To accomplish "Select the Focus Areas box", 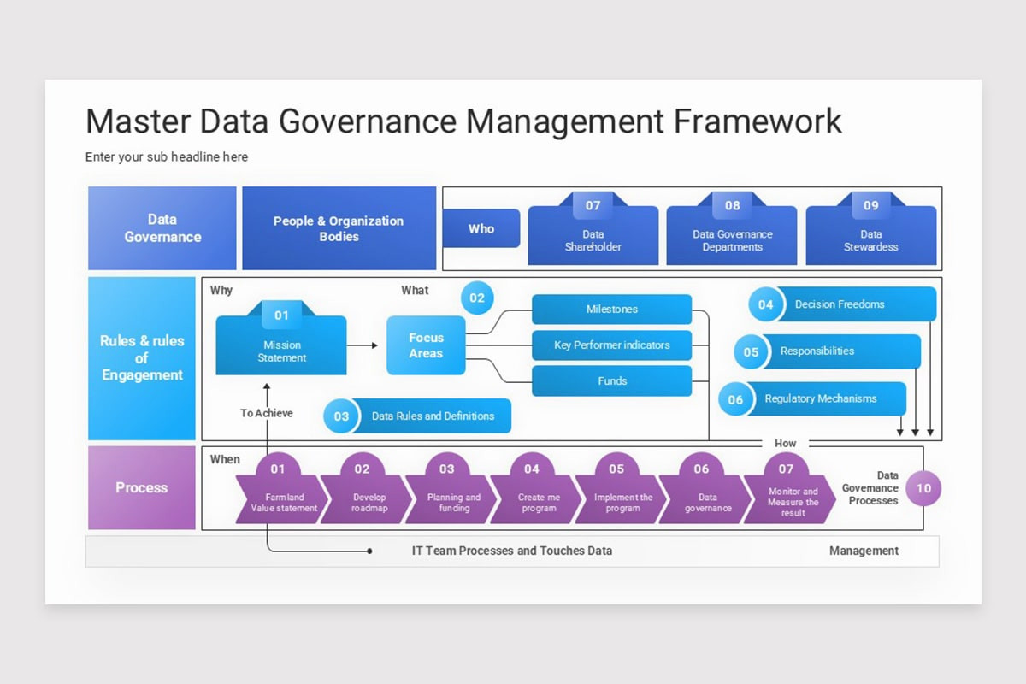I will pos(426,345).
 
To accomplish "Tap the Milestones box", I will pos(611,310).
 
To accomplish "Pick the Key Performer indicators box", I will pos(611,345).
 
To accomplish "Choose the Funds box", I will pos(611,381).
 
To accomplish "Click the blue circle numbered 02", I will pos(477,298).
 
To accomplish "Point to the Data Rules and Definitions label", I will pos(433,416).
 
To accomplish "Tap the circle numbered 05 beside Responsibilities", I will pos(751,352).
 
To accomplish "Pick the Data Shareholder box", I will pos(593,240).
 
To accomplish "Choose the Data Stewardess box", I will pos(870,240).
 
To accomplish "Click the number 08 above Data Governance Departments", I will pos(733,205).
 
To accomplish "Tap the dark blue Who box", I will pos(481,228).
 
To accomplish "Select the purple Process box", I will pos(142,487).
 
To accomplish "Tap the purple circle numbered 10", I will pos(923,489).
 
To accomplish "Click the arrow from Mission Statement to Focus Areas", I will pos(363,345).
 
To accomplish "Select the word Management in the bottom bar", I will pos(864,551).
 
